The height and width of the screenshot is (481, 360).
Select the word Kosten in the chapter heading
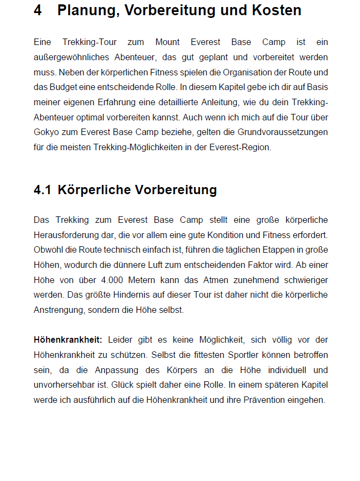click(275, 10)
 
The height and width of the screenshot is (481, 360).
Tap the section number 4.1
click(42, 190)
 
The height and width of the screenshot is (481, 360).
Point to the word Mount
click(168, 42)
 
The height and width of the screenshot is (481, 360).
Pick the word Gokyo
click(47, 132)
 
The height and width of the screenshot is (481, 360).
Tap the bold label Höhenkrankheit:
click(68, 340)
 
